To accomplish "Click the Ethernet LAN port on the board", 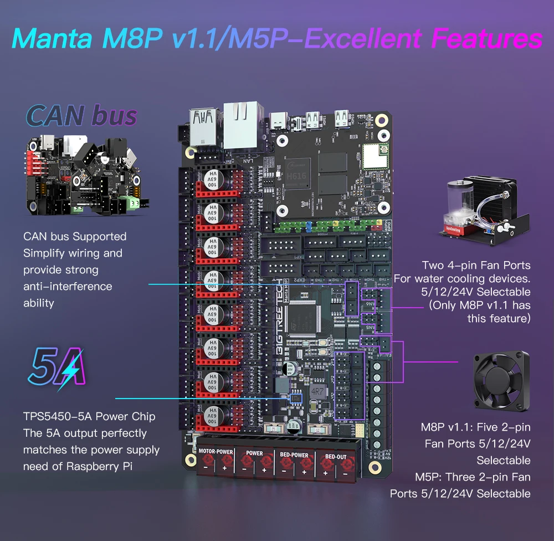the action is coord(242,118).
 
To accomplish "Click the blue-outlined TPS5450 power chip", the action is coord(296,397).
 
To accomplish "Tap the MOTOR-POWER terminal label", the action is coord(216,452).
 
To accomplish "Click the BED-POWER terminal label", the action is coord(294,455).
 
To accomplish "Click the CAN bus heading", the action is coord(81,115).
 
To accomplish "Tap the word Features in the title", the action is coord(486,39).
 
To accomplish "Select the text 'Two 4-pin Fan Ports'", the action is coord(476,266).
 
